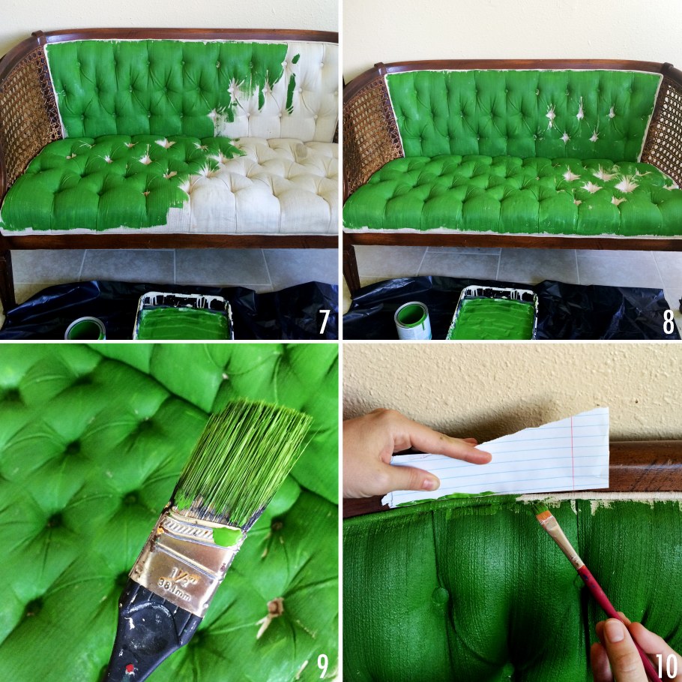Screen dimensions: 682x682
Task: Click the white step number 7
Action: (x=324, y=321)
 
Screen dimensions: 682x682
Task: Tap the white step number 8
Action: (x=669, y=322)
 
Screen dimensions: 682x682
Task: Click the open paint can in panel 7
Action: (x=85, y=329)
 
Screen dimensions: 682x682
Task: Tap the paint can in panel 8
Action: (x=413, y=320)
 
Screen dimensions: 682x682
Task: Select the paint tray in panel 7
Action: (x=184, y=317)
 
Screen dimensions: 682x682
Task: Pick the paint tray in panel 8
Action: (x=492, y=313)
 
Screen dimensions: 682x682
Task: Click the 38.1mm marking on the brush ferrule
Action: (x=174, y=591)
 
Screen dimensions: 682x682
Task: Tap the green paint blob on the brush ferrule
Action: (x=227, y=536)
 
